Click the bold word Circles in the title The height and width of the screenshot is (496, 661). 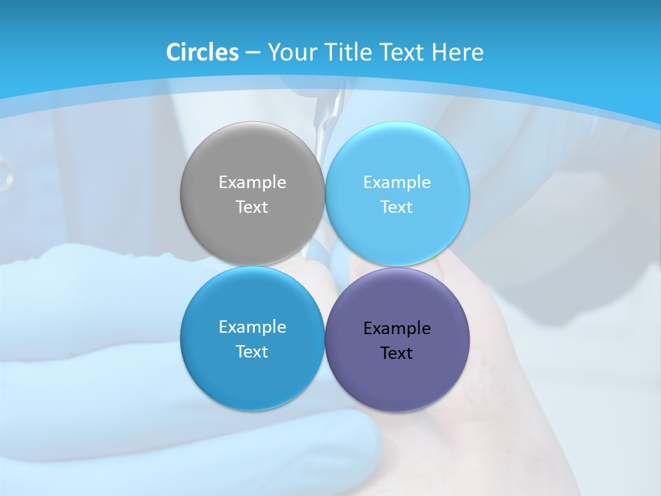pos(202,52)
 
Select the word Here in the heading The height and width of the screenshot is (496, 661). pos(458,52)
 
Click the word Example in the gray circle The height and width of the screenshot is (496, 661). pos(252,183)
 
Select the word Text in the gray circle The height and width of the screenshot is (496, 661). pos(252,207)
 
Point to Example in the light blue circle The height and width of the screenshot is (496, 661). pos(397,183)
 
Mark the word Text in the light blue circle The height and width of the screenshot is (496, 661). pos(397,207)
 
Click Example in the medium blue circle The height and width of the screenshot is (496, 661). pos(252,327)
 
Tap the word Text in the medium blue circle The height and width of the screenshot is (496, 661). pos(252,352)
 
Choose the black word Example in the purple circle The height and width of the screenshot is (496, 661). pos(397,329)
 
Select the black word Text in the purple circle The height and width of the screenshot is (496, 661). pos(397,353)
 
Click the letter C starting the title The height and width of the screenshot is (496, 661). pos(174,52)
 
